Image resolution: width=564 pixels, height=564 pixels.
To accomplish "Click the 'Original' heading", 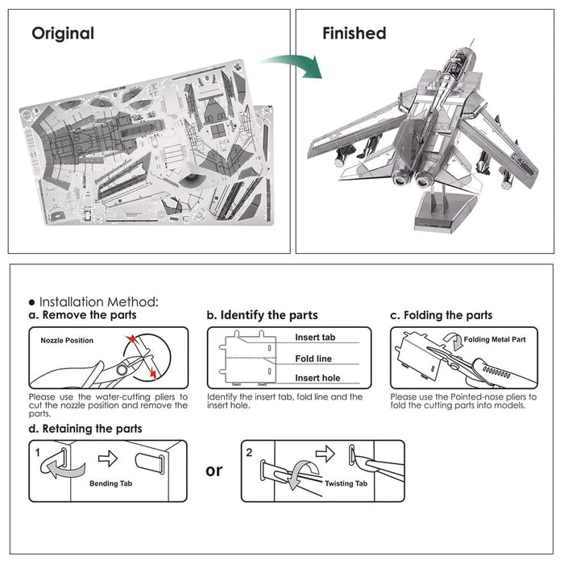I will (x=63, y=34).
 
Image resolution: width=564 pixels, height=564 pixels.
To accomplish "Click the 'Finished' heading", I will (x=354, y=34).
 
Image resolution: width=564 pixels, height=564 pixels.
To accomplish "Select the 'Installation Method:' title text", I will (x=93, y=301).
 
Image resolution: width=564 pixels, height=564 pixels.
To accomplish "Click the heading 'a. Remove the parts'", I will (x=84, y=315).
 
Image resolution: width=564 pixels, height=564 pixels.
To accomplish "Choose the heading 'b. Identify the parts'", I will (x=262, y=315).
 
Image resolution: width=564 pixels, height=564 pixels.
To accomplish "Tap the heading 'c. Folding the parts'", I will (x=441, y=315).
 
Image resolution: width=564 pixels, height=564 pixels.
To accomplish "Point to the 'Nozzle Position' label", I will (x=67, y=340).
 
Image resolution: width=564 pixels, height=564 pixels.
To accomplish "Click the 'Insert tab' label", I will (x=314, y=338).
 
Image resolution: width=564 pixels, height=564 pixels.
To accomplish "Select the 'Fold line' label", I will (x=313, y=359).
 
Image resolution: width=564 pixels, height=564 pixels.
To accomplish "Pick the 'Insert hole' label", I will (x=317, y=378).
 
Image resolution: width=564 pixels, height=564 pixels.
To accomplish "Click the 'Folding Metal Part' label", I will (x=495, y=339).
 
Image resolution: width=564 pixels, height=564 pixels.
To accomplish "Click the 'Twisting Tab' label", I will (x=346, y=484).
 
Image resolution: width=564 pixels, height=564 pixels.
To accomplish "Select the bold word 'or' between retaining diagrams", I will (x=214, y=470).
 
